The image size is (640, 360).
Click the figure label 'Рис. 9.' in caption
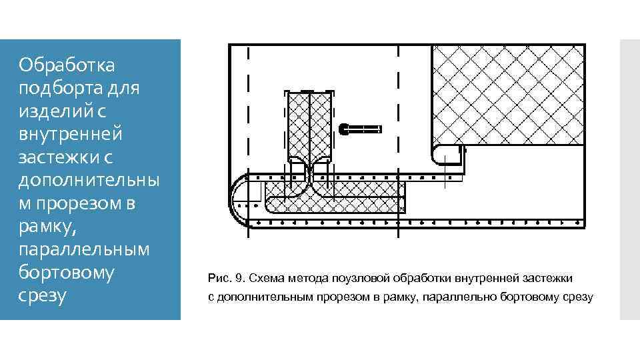click(x=227, y=277)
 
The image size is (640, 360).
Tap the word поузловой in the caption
click(x=361, y=277)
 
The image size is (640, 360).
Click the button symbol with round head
click(x=360, y=127)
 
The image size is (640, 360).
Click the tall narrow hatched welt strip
click(x=309, y=127)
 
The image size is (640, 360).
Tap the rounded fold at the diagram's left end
click(x=239, y=199)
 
